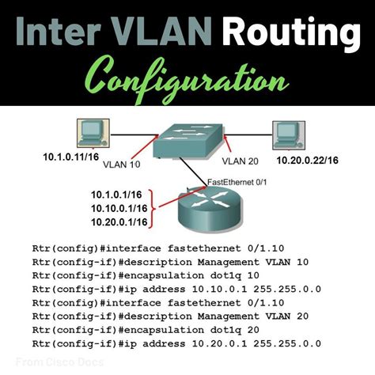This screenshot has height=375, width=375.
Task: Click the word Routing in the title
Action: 293,32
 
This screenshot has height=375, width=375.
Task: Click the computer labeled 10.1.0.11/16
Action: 93,133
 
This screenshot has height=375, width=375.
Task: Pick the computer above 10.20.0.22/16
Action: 289,135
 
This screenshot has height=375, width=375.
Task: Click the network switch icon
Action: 188,141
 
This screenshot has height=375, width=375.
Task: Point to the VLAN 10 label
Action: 121,165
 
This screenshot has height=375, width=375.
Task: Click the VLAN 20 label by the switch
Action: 240,161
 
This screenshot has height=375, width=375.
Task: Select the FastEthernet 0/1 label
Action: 237,182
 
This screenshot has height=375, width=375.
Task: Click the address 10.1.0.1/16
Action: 116,195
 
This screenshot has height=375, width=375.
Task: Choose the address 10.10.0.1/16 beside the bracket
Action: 119,209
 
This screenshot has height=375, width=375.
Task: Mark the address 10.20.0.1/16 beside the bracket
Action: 119,222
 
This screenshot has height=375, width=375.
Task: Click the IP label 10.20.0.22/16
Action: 307,161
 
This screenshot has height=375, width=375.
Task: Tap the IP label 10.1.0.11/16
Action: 71,157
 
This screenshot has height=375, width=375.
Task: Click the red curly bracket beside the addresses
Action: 153,208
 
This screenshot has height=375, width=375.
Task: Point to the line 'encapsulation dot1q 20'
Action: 146,330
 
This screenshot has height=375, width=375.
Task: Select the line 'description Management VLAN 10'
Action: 170,263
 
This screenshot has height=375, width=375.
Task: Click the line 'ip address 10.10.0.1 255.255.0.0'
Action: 176,290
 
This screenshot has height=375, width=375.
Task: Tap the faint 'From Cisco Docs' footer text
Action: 59,362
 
